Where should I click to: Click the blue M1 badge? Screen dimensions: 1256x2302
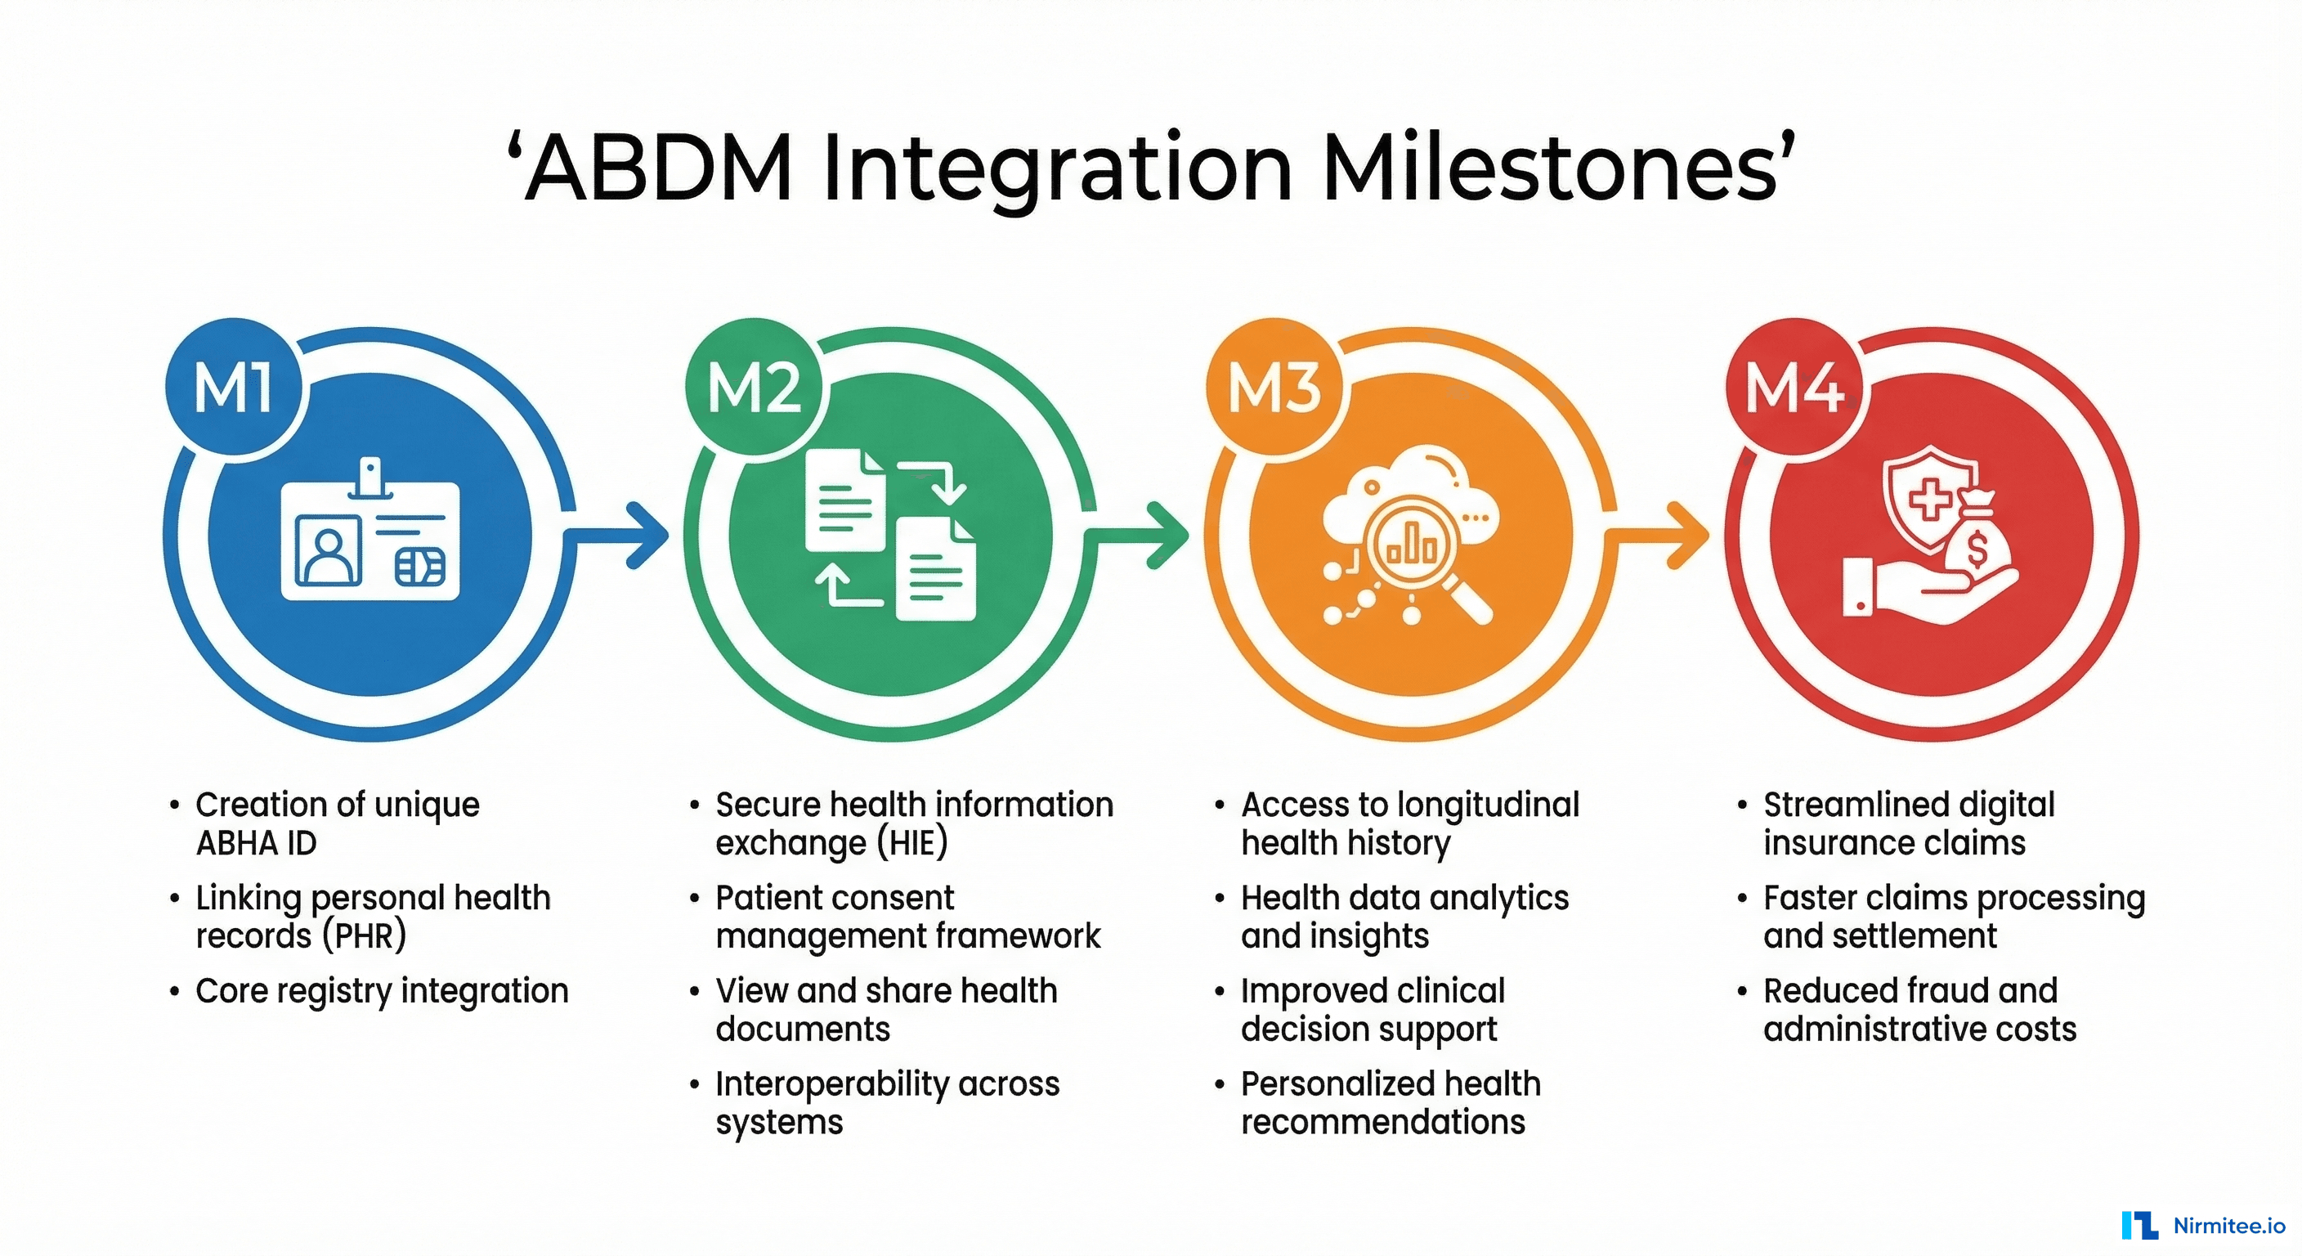[234, 389]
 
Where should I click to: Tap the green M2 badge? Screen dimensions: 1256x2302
[754, 389]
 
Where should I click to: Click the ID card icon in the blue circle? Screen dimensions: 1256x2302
[370, 539]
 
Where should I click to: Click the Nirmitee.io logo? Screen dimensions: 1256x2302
[2203, 1225]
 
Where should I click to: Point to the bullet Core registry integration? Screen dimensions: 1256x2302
[382, 990]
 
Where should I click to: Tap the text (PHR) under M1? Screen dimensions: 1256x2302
[364, 936]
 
